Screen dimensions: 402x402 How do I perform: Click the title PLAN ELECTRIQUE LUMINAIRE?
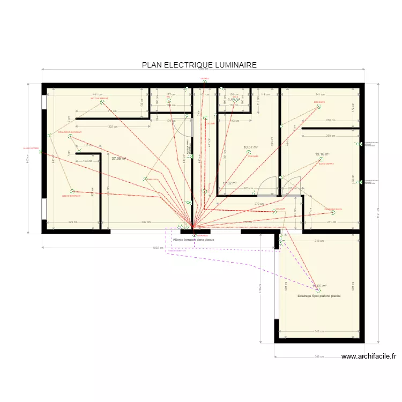pyautogui.click(x=199, y=65)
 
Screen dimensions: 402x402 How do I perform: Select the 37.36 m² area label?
pyautogui.click(x=118, y=159)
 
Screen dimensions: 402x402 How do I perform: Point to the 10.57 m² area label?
pyautogui.click(x=251, y=147)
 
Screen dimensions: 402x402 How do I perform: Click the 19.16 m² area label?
pyautogui.click(x=323, y=154)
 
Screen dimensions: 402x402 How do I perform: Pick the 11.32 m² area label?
pyautogui.click(x=229, y=183)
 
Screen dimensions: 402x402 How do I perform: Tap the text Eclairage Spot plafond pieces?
pyautogui.click(x=319, y=295)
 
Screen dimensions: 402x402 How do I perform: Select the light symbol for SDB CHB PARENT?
pyautogui.click(x=72, y=190)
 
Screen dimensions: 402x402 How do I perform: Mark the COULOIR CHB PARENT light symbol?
pyautogui.click(x=70, y=137)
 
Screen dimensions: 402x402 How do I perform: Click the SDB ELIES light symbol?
pyautogui.click(x=319, y=107)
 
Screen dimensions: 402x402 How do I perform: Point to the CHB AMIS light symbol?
pyautogui.click(x=249, y=153)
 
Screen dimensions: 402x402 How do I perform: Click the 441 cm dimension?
pyautogui.click(x=96, y=94)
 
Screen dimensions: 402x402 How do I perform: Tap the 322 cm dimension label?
pyautogui.click(x=111, y=126)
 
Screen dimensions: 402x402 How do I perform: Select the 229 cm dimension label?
pyautogui.click(x=72, y=222)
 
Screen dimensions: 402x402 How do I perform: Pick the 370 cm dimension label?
pyautogui.click(x=257, y=204)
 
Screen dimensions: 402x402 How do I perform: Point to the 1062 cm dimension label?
pyautogui.click(x=157, y=248)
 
